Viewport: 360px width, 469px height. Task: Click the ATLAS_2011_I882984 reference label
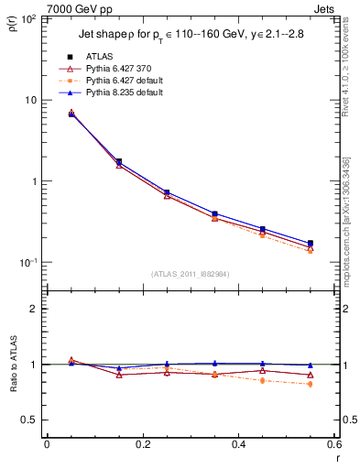(191, 273)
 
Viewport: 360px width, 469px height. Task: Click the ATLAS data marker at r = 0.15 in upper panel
(119, 161)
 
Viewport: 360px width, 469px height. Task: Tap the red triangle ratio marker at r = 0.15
(119, 375)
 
